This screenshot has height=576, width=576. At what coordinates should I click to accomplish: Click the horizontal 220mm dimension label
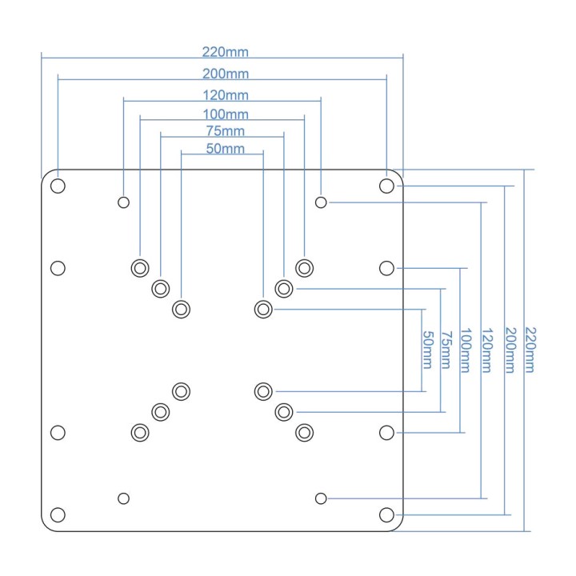point(225,52)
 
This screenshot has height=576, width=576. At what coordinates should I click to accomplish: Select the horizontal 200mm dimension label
point(226,74)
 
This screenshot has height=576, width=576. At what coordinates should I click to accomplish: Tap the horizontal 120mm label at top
point(226,95)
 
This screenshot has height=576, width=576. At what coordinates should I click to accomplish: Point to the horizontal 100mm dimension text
point(226,114)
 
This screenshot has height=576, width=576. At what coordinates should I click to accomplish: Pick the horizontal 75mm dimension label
point(225,131)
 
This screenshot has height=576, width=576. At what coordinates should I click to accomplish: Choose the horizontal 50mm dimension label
point(225,149)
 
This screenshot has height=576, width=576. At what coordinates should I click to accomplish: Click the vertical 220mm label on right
point(531,350)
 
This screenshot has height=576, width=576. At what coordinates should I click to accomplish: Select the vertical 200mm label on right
point(510,350)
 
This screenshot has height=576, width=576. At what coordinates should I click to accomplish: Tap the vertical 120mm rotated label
point(487,350)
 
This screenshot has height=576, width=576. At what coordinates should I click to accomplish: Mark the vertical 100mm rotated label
point(466,350)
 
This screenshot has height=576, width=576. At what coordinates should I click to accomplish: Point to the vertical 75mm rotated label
point(446,350)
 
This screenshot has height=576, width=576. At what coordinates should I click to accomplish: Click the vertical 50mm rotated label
point(428,350)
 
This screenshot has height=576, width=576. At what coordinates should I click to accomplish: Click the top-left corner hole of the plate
point(58,186)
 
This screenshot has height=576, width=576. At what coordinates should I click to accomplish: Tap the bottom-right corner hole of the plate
point(386,514)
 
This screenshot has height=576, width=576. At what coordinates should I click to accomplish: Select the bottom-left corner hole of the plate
point(58,514)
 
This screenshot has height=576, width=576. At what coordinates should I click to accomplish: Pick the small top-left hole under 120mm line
point(123,202)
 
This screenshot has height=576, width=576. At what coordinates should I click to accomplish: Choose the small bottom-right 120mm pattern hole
point(321,498)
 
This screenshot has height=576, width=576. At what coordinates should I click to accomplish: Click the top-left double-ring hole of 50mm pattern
point(181,310)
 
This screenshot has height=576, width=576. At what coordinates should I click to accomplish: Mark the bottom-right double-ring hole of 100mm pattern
point(304,433)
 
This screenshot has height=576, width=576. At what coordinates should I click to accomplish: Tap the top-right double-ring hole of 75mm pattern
point(283,289)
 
